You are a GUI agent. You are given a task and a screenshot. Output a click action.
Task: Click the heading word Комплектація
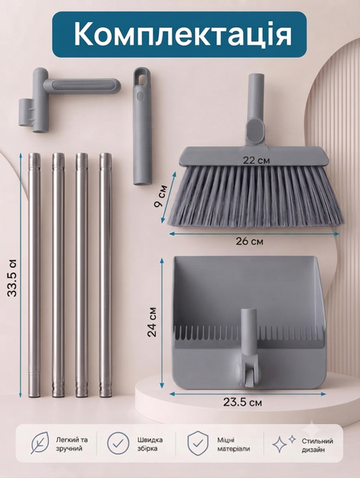coord(182,34)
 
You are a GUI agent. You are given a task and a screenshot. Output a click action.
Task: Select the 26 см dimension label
coord(249,241)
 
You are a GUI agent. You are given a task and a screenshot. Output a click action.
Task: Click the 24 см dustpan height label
coord(152,322)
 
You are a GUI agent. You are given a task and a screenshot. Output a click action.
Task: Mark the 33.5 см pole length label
coord(12,278)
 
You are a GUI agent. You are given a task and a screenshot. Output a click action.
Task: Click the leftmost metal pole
coord(34,275)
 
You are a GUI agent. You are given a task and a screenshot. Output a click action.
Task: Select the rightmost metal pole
coord(106,275)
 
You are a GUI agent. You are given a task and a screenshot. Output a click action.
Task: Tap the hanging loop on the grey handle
coord(141,77)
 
